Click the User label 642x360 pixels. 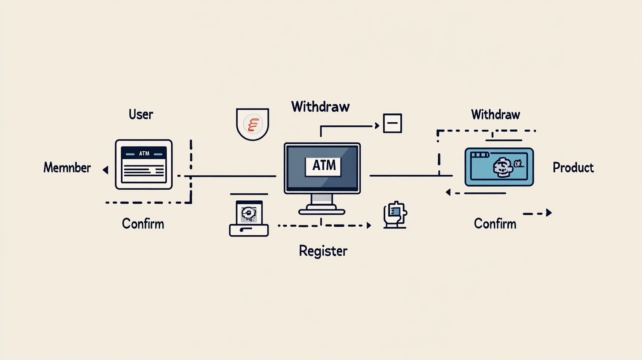pyautogui.click(x=141, y=115)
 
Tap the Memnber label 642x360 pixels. pyautogui.click(x=67, y=168)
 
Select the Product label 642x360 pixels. pyautogui.click(x=573, y=168)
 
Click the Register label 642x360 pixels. pyautogui.click(x=323, y=251)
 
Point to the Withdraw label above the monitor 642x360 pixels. pyautogui.click(x=321, y=106)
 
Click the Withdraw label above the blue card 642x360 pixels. pyautogui.click(x=496, y=115)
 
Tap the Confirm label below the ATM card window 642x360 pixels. pyautogui.click(x=143, y=224)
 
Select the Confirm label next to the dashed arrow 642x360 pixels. pyautogui.click(x=495, y=224)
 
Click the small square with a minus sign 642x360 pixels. pyautogui.click(x=392, y=123)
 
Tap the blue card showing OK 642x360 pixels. pyautogui.click(x=499, y=167)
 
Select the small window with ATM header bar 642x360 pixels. pyautogui.click(x=144, y=165)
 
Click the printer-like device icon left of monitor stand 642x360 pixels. pyautogui.click(x=249, y=218)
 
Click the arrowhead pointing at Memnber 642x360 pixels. pyautogui.click(x=105, y=169)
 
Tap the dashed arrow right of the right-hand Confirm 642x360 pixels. pyautogui.click(x=537, y=213)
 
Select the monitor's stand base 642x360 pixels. pyautogui.click(x=321, y=212)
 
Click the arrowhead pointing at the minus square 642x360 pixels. pyautogui.click(x=377, y=126)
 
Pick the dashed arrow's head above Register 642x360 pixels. pyautogui.click(x=369, y=225)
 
